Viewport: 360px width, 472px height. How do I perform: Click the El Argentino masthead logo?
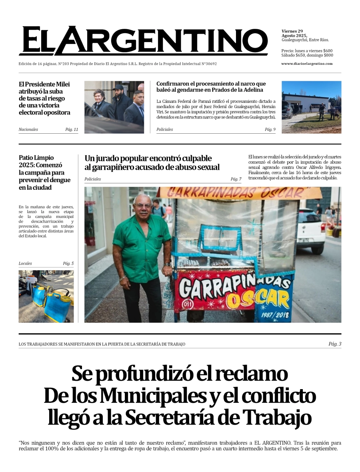click(143, 41)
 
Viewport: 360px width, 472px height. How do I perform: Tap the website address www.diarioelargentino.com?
click(307, 64)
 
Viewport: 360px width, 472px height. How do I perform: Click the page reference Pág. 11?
click(72, 130)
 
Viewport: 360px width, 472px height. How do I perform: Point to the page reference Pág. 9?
click(270, 130)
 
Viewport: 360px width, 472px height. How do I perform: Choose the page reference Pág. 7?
click(236, 179)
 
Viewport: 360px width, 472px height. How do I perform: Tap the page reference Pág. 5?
click(68, 263)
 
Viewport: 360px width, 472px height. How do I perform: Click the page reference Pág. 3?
click(335, 344)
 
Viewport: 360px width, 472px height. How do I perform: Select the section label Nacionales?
click(28, 130)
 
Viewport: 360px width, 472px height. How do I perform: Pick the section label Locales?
click(25, 263)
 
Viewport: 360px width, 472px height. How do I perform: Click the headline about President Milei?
click(44, 98)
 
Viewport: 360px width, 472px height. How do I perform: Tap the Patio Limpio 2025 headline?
click(44, 173)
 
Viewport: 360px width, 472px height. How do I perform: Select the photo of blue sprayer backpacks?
click(46, 296)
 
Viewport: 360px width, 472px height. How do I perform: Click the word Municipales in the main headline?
click(152, 396)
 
